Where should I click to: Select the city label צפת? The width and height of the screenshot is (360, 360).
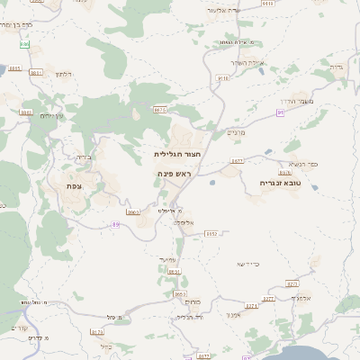(x=75, y=185)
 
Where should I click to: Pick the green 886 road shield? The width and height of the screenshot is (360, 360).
(x=23, y=43)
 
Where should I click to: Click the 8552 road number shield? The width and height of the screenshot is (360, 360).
(x=211, y=233)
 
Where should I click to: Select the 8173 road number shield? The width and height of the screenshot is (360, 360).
(x=97, y=332)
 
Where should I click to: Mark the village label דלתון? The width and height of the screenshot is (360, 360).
(x=62, y=74)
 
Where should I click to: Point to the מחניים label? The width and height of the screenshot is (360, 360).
(x=236, y=132)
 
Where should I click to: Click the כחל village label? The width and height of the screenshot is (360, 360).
(x=106, y=346)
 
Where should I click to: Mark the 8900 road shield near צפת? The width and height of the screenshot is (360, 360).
(x=133, y=212)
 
